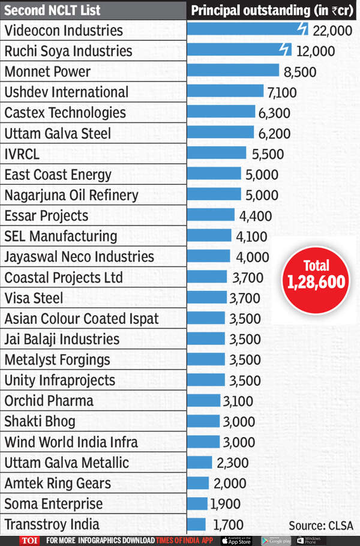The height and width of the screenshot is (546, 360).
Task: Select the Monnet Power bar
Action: point(233,71)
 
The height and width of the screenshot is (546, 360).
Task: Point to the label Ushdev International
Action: point(66,92)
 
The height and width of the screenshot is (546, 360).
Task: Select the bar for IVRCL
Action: point(217,154)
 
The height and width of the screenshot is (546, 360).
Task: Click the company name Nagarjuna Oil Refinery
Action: point(71,195)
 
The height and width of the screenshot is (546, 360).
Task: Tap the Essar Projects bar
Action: point(211,215)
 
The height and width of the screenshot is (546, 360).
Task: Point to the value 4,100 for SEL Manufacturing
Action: point(251,236)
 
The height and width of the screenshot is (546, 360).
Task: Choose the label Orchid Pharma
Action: point(49,401)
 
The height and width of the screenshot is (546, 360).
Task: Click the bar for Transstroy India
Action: point(196,524)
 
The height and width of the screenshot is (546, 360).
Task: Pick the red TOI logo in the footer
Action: point(28,540)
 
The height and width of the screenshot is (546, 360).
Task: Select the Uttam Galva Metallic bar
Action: point(200,463)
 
